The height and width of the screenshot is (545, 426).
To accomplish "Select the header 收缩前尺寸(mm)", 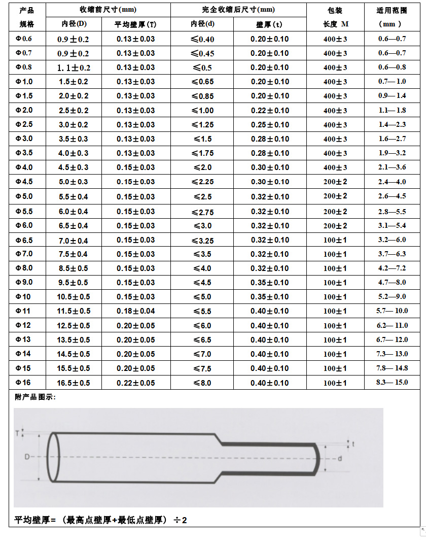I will [108, 10].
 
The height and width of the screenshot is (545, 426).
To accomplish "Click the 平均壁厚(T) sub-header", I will [135, 24].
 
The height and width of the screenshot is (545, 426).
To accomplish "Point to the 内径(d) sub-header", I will [202, 24].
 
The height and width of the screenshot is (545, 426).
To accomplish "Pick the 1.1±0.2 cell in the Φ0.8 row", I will [74, 67].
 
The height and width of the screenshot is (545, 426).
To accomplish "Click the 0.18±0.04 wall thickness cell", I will [135, 311].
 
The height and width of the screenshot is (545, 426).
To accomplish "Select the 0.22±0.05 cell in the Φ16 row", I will [135, 383].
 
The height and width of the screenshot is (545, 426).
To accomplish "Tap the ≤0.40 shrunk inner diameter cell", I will [202, 39].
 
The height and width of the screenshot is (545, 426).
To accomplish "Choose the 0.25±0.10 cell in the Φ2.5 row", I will [269, 125].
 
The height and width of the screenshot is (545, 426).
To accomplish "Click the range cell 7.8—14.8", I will [392, 368].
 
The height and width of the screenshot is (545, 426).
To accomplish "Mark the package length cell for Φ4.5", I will [335, 182].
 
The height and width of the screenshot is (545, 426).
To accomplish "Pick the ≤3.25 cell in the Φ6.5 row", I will [202, 240].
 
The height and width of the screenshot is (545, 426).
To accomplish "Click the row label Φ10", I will [23, 297].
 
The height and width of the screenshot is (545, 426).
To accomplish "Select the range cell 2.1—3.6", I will [392, 167].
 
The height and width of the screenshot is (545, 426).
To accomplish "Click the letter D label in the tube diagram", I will [27, 457].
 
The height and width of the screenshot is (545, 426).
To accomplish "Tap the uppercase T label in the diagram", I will [17, 433].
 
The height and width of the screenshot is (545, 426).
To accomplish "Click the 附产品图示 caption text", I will [35, 397].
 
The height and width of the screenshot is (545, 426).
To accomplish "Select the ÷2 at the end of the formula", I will [180, 520].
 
